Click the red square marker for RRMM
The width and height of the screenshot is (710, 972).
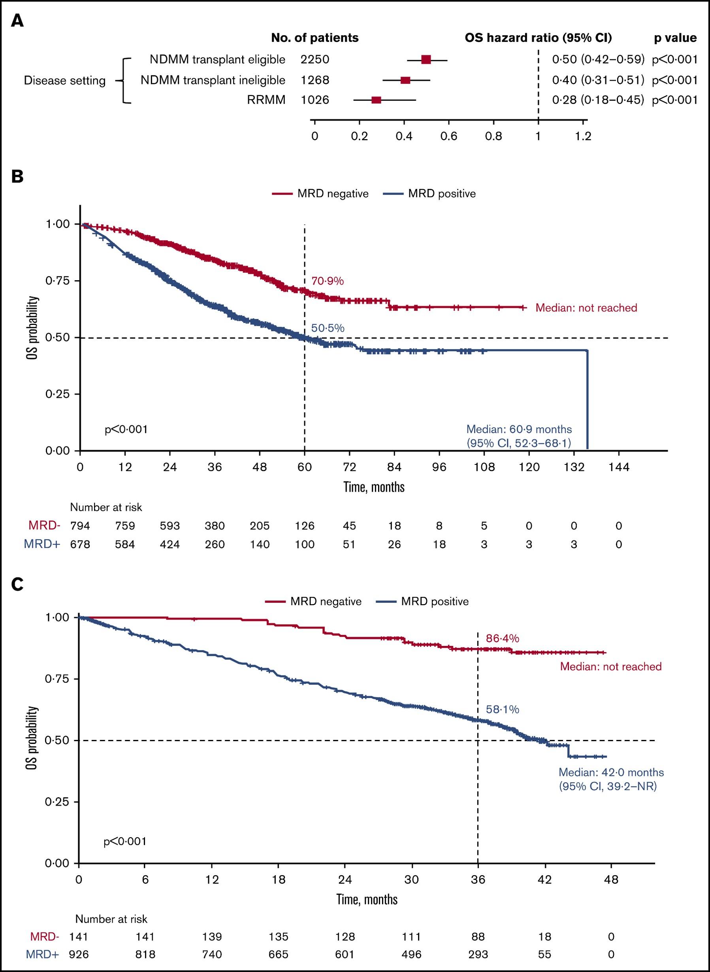(376, 100)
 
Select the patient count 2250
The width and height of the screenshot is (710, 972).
(315, 59)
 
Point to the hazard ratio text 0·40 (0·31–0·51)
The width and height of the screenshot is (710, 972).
(598, 80)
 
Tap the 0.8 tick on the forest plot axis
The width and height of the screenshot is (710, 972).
(493, 137)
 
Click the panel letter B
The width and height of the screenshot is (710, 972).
(17, 176)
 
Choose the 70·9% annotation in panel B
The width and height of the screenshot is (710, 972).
(328, 281)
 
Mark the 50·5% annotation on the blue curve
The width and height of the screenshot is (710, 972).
(328, 328)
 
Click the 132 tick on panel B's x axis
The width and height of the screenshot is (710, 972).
(574, 467)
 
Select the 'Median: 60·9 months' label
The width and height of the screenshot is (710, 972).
(519, 429)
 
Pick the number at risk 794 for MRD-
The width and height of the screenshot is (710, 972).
(80, 526)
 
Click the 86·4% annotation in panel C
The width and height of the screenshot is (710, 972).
(503, 638)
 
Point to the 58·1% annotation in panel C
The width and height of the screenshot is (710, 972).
(503, 709)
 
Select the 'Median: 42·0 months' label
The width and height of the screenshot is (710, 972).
(611, 772)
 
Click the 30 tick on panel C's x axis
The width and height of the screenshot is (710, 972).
(411, 880)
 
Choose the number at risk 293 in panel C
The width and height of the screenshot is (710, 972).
(478, 954)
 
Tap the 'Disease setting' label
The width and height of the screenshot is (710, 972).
(64, 81)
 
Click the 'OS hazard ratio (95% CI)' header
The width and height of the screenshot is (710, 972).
(538, 38)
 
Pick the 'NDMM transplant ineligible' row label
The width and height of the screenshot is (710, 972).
(213, 80)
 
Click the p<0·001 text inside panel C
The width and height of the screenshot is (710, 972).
(125, 841)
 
